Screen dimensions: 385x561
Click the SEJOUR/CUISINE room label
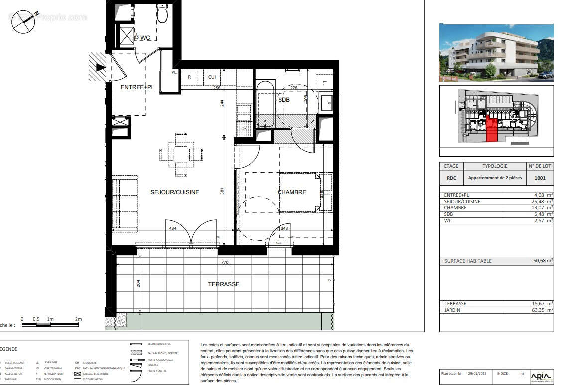coord(175,192)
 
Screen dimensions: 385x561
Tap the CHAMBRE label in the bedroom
coord(291,192)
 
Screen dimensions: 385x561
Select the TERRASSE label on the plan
coord(224,284)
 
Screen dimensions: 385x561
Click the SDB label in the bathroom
coord(284,100)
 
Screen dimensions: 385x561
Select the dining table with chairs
coord(181,154)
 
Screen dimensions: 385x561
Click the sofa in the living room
coord(124,203)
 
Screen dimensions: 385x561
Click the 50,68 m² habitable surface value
coord(543,261)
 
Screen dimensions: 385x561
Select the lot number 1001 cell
coord(539,178)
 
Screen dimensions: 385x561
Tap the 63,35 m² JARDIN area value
coord(543,310)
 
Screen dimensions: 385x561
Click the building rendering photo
coord(496,52)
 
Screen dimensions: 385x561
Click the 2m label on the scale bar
coord(78,319)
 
